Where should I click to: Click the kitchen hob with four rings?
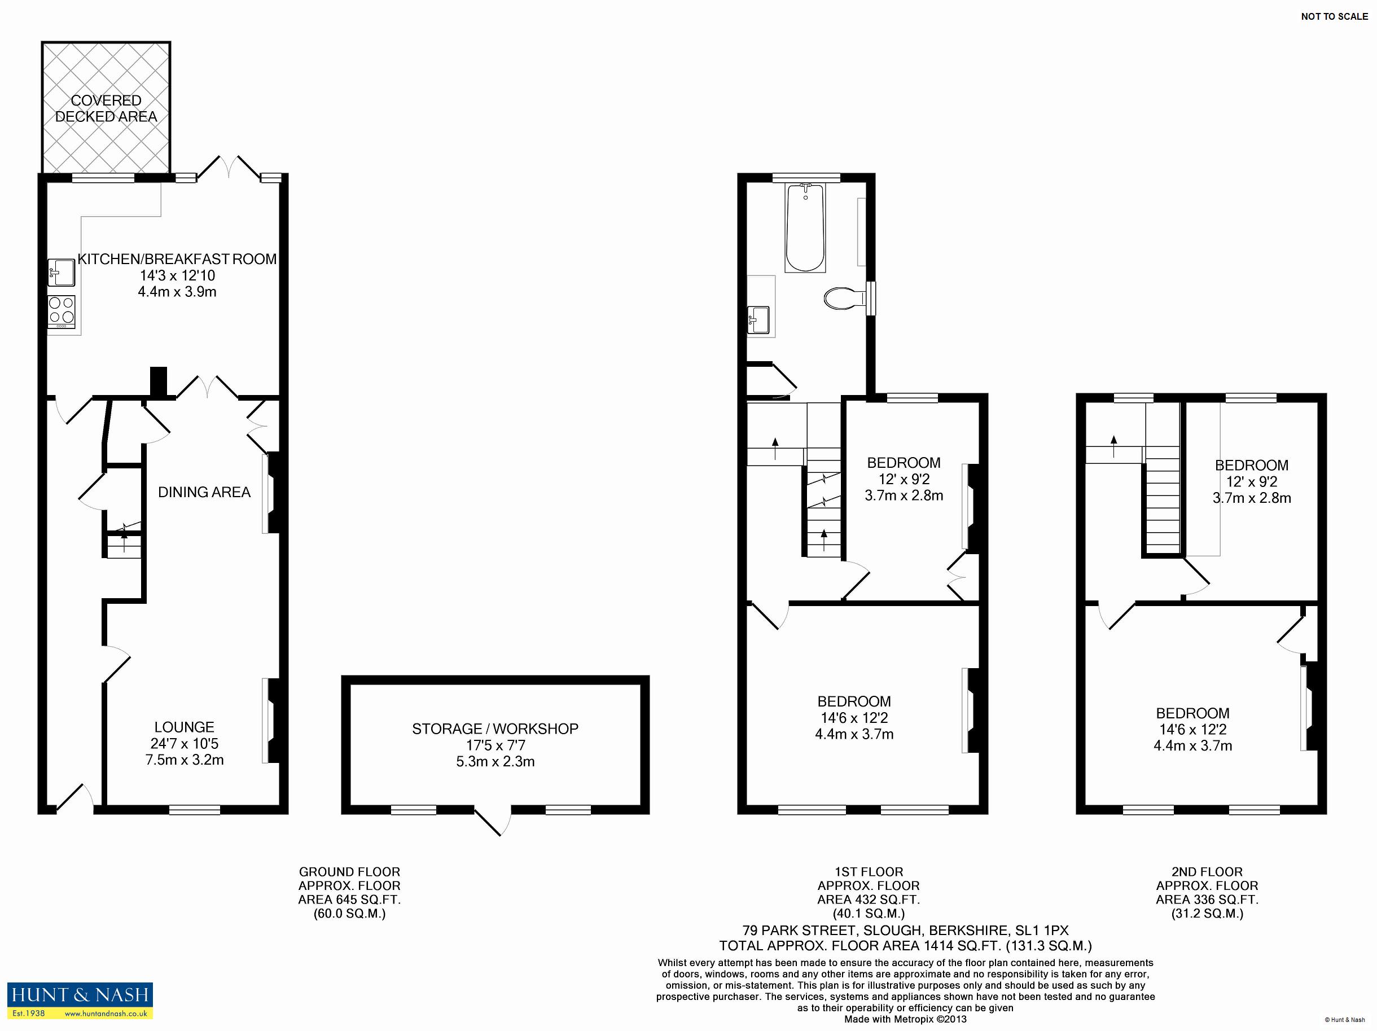pos(62,312)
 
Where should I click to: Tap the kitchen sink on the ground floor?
pos(61,272)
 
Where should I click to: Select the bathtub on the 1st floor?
pos(805,228)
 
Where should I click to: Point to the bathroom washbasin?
pos(759,319)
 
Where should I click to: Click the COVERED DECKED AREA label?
pos(106,108)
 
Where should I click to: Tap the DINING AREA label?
pos(204,493)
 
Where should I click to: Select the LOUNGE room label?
pos(185,727)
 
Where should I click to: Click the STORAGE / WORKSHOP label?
pos(495,729)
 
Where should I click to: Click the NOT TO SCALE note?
pos(1334,17)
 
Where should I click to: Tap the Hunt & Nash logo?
pos(80,1001)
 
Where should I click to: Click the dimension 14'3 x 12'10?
pos(177,276)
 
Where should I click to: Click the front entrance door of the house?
pos(74,800)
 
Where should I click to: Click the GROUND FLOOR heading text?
pos(349,872)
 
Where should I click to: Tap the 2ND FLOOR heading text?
pos(1207,872)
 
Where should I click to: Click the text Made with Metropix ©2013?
pos(905,1019)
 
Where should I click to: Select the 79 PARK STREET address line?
pos(905,931)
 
